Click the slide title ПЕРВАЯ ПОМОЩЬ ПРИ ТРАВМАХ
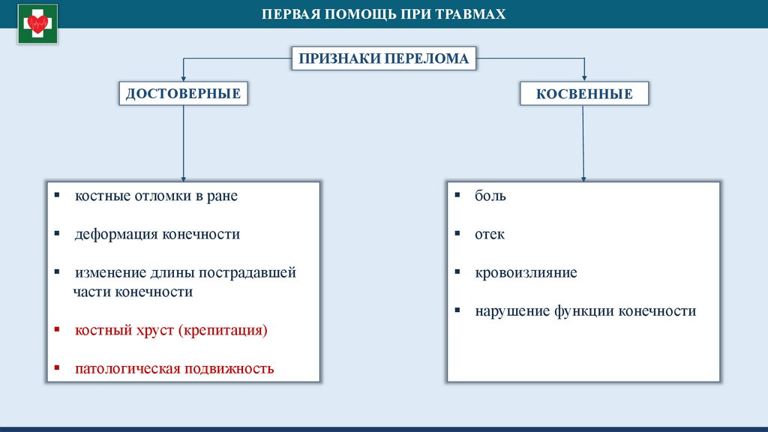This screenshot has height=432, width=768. click(383, 14)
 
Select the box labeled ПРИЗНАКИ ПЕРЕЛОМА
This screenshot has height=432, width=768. click(384, 58)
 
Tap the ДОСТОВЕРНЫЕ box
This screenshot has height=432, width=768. click(183, 93)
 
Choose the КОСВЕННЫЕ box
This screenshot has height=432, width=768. click(584, 94)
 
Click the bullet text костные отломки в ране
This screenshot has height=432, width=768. click(156, 196)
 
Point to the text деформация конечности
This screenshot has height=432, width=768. click(157, 234)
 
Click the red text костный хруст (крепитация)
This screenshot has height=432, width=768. click(171, 330)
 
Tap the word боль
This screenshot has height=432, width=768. click(490, 196)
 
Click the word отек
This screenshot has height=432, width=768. click(490, 234)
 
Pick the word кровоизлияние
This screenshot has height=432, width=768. click(526, 272)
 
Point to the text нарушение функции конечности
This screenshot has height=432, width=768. click(585, 310)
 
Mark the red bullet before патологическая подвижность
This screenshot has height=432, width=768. click(57, 368)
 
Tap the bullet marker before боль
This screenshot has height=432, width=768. click(457, 195)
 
